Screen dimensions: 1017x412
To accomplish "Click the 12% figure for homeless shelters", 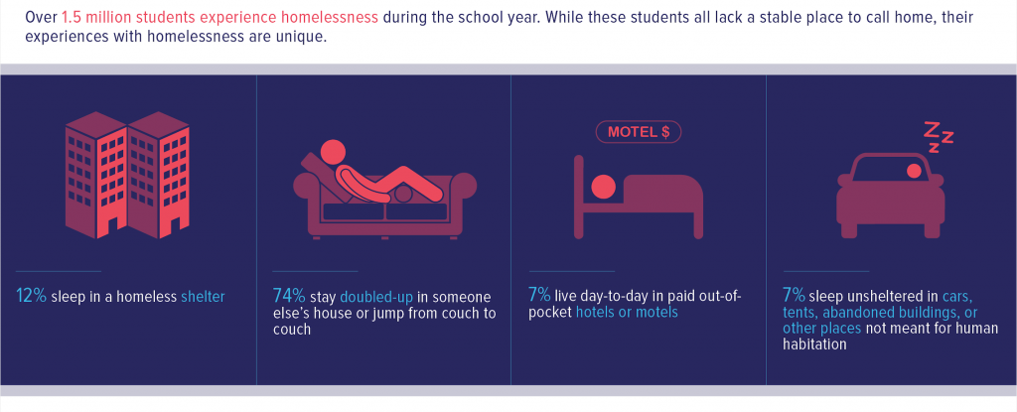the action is click(31, 297).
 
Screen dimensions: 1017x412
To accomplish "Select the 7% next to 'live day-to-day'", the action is click(539, 297).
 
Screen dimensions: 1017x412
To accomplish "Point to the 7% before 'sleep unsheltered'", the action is click(795, 297).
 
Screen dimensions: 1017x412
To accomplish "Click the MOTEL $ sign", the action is click(639, 133).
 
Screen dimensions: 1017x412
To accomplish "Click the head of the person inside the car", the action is click(914, 171).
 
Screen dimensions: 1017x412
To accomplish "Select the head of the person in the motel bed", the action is click(604, 187).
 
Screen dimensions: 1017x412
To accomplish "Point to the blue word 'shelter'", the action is click(203, 297).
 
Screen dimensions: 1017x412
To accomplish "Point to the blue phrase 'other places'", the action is click(821, 329).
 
